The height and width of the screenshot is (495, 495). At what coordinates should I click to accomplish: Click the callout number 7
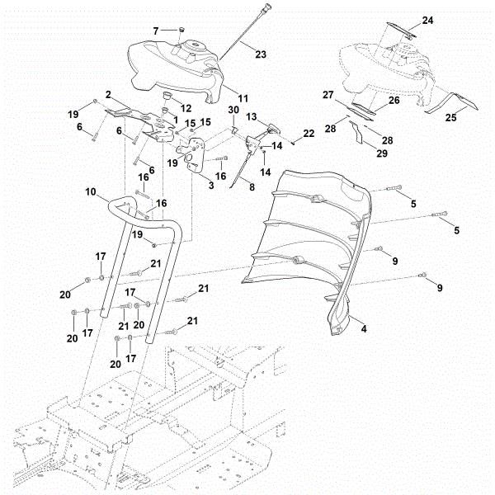(x=154, y=31)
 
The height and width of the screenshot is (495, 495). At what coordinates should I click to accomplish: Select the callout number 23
(x=260, y=54)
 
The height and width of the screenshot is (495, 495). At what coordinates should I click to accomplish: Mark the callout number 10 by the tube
(x=92, y=191)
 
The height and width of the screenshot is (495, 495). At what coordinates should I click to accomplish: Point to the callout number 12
(x=185, y=109)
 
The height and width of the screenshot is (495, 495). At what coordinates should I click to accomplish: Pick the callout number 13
(x=251, y=116)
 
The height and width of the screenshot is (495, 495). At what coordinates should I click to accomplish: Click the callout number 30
(x=233, y=111)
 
